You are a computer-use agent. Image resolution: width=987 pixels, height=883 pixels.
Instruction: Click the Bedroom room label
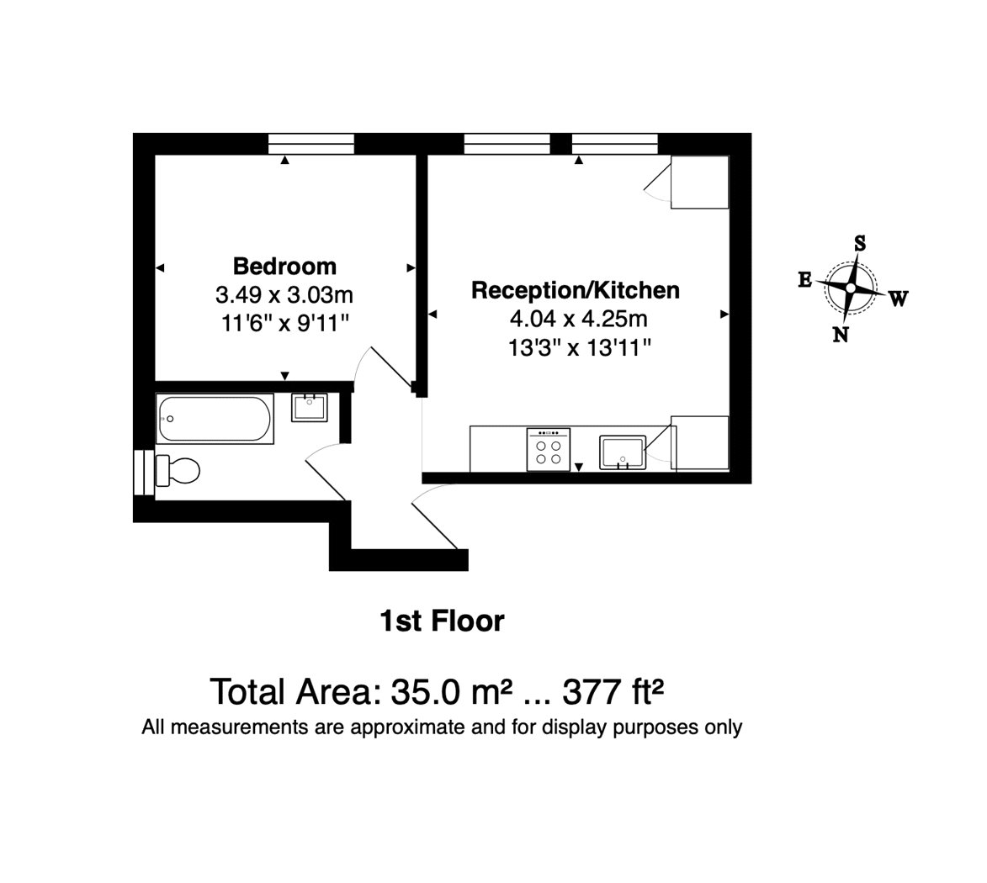pos(284,266)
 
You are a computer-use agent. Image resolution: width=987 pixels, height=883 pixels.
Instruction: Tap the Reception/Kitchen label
pos(576,290)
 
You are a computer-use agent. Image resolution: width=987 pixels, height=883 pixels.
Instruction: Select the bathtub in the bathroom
pos(215,418)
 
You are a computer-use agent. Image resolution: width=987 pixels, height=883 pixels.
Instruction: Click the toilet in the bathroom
pos(178,470)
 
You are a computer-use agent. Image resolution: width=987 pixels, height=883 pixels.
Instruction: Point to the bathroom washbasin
pos(309,408)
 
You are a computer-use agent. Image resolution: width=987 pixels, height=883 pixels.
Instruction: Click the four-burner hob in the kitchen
pos(549,449)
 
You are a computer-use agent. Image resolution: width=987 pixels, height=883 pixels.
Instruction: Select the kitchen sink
pos(623,452)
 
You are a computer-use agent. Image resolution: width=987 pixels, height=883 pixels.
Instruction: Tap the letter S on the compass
pos(859,243)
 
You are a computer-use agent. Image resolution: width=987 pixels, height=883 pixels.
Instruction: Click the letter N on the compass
pos(841,335)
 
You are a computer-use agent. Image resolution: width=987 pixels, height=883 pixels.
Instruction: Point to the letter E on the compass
pos(805,280)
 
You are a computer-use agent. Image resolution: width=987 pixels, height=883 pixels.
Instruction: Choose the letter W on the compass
pos(899,299)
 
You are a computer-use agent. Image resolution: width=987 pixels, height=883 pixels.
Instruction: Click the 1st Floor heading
pos(442,621)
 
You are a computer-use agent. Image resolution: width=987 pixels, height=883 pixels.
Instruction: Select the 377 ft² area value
pos(613,692)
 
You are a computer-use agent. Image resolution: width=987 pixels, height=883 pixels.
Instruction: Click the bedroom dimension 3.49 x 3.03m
pos(284,294)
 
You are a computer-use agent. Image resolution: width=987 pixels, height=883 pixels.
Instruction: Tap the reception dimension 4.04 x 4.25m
pos(578,319)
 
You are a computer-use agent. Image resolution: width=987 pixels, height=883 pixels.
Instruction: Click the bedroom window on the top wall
pos(311,144)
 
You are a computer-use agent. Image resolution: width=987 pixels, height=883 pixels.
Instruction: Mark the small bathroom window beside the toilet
pos(144,472)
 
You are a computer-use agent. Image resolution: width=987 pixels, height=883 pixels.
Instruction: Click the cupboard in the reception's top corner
pos(699,182)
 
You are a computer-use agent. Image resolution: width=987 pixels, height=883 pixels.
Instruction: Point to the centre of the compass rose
pos(851,288)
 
